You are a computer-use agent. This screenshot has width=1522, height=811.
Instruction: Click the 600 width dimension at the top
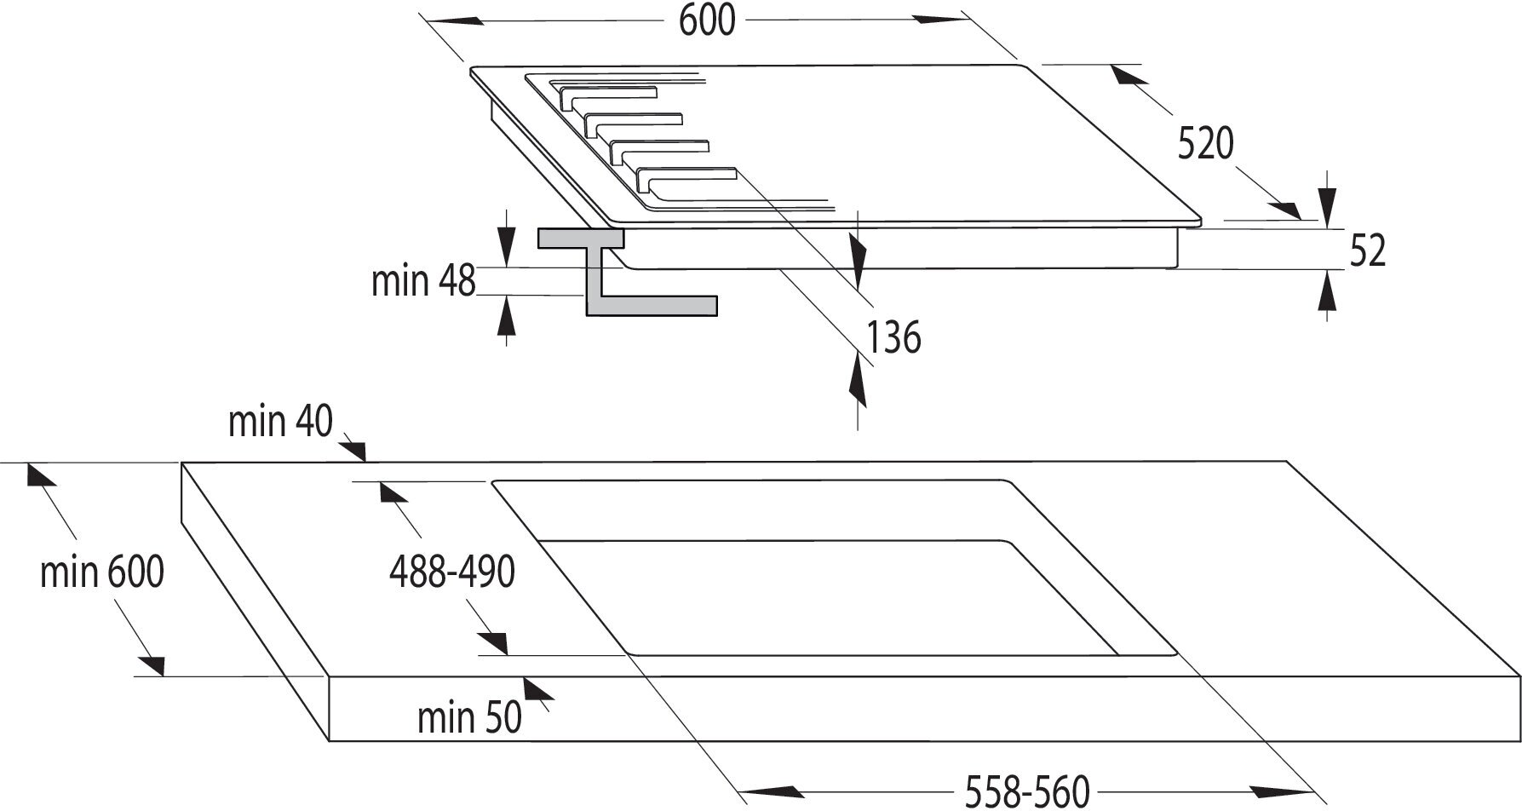click(x=706, y=20)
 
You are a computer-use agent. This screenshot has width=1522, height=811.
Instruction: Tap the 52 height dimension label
click(x=1368, y=250)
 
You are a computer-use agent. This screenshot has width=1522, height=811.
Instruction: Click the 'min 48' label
click(x=423, y=280)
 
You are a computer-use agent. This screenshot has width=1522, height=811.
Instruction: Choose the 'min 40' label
click(x=280, y=421)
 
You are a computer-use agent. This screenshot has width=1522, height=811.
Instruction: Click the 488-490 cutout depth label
click(x=451, y=572)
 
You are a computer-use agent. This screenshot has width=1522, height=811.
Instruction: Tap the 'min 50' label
click(x=468, y=717)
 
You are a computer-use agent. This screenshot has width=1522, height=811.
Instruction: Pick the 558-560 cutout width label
click(x=1026, y=791)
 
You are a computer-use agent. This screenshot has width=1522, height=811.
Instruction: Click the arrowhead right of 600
click(x=940, y=19)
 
